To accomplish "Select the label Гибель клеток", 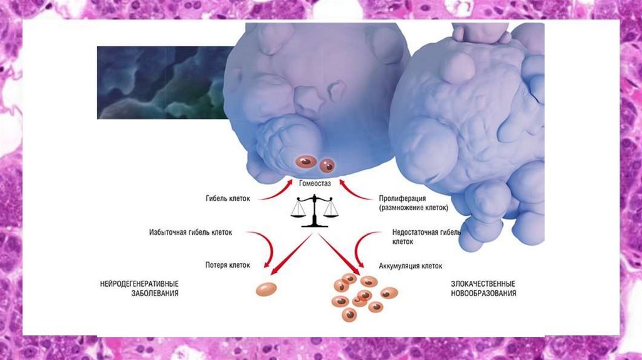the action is [x=228, y=199].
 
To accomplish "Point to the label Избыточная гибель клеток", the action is [x=191, y=231].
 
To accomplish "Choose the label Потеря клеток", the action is [x=228, y=265].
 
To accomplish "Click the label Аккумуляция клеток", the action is [x=411, y=265].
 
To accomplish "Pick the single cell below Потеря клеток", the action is [x=267, y=289].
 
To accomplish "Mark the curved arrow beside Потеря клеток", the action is [x=266, y=248].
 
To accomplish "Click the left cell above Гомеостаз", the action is [x=305, y=162].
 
